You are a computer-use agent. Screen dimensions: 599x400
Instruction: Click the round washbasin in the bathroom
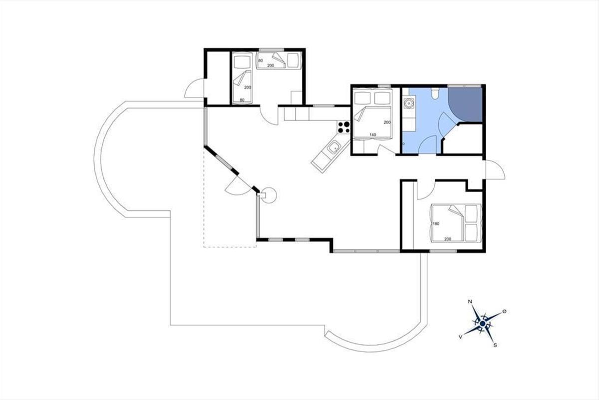[x=409, y=103]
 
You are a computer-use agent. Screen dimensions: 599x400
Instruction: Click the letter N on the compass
[x=470, y=301]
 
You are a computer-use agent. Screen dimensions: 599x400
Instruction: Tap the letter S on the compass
[x=495, y=345]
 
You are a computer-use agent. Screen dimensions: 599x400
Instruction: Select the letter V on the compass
[x=461, y=337]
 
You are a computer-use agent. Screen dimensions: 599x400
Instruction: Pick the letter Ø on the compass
[x=504, y=311]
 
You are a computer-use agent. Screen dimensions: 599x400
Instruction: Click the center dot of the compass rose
[x=482, y=324]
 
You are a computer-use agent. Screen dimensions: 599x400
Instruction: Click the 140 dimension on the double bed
[x=372, y=135]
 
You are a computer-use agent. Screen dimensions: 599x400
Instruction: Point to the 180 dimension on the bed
[x=436, y=223]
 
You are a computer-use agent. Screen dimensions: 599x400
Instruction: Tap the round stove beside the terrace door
[x=268, y=195]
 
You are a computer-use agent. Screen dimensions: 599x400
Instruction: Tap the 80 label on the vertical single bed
[x=242, y=100]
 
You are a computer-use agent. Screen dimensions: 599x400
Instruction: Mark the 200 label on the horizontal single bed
[x=271, y=65]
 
